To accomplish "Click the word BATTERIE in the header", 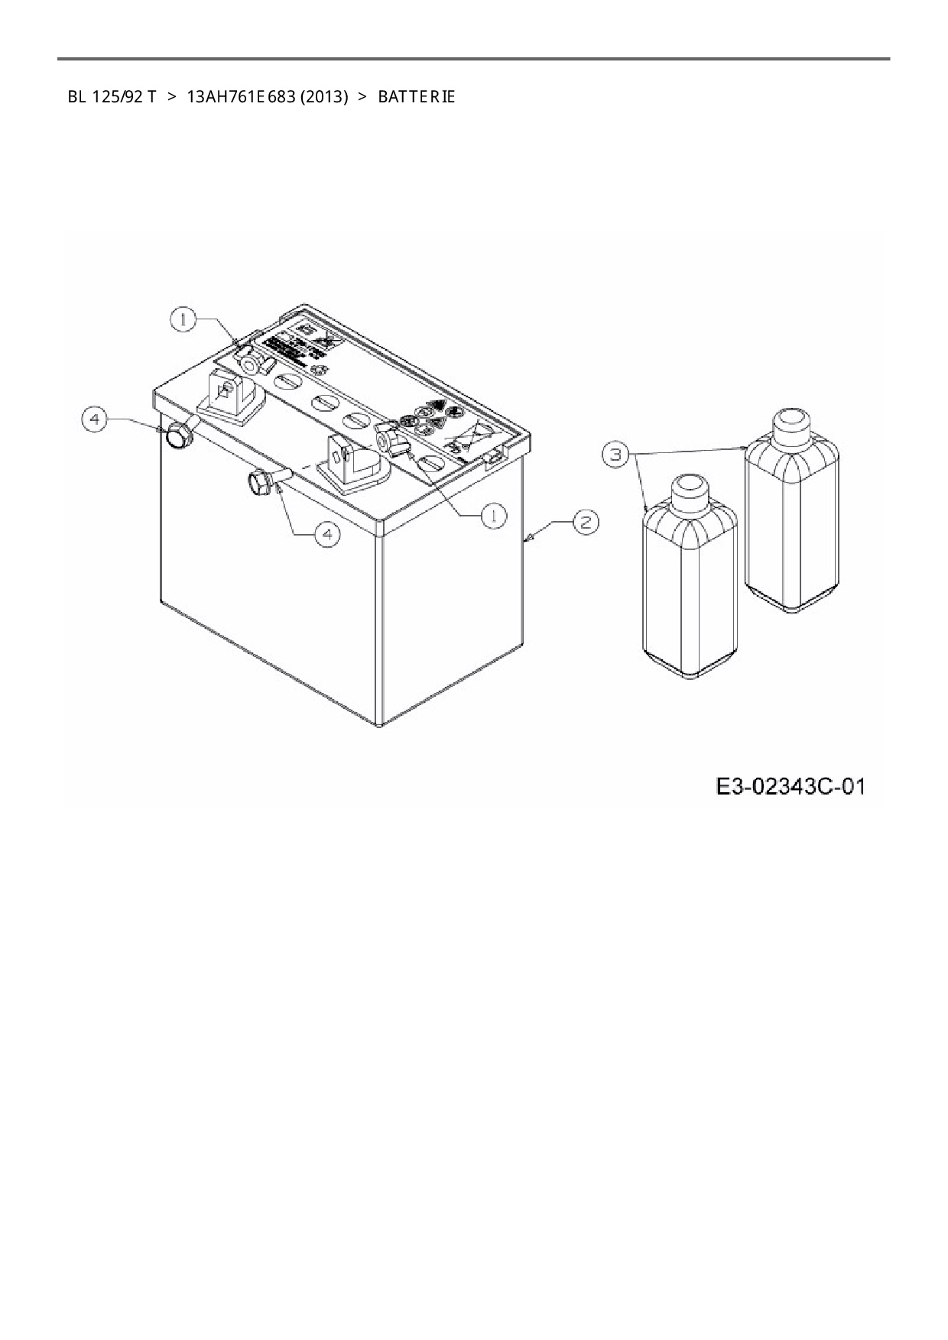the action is pyautogui.click(x=416, y=97).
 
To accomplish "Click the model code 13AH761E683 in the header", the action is pyautogui.click(x=240, y=97).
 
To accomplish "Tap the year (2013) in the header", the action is pyautogui.click(x=324, y=97).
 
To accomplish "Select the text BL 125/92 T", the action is pyautogui.click(x=112, y=97).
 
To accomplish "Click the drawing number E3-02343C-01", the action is pyautogui.click(x=791, y=786).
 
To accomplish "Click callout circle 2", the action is pyautogui.click(x=586, y=523).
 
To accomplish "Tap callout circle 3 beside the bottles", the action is pyautogui.click(x=615, y=455).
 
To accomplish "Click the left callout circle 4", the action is pyautogui.click(x=95, y=420).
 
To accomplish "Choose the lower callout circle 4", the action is pyautogui.click(x=327, y=534).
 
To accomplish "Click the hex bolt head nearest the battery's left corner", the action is pyautogui.click(x=178, y=436).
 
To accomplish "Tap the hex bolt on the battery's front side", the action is pyautogui.click(x=260, y=482).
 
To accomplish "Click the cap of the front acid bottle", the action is pyautogui.click(x=690, y=489).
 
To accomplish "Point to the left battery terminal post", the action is pyautogui.click(x=226, y=394).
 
